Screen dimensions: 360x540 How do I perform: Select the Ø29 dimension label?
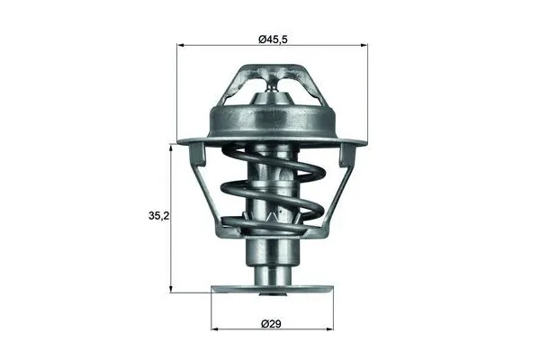[271, 322]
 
